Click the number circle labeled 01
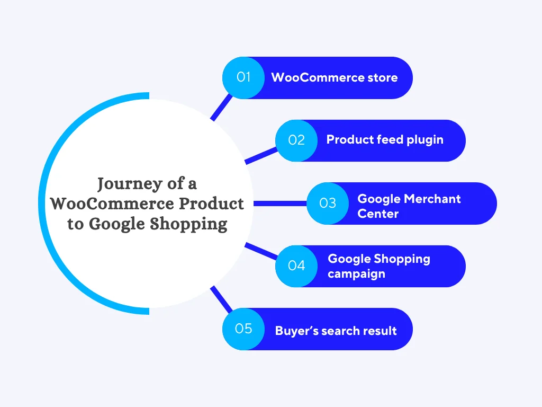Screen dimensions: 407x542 (x=243, y=77)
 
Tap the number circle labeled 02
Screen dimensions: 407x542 (x=296, y=140)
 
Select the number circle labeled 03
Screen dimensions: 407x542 (x=328, y=203)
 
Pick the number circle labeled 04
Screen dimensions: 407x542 (x=296, y=266)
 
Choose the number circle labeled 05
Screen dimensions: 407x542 (x=243, y=329)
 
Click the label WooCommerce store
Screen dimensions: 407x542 (x=334, y=77)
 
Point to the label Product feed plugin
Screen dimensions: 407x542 (x=385, y=140)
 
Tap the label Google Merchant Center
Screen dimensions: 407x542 (x=409, y=206)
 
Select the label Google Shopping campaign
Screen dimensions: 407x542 (x=378, y=266)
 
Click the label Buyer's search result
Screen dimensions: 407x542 (x=336, y=331)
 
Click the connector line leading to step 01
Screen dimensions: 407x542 (x=220, y=108)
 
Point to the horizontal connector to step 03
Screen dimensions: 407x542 (x=281, y=203)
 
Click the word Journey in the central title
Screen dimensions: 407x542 (x=130, y=184)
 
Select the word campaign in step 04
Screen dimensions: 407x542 (x=356, y=274)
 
